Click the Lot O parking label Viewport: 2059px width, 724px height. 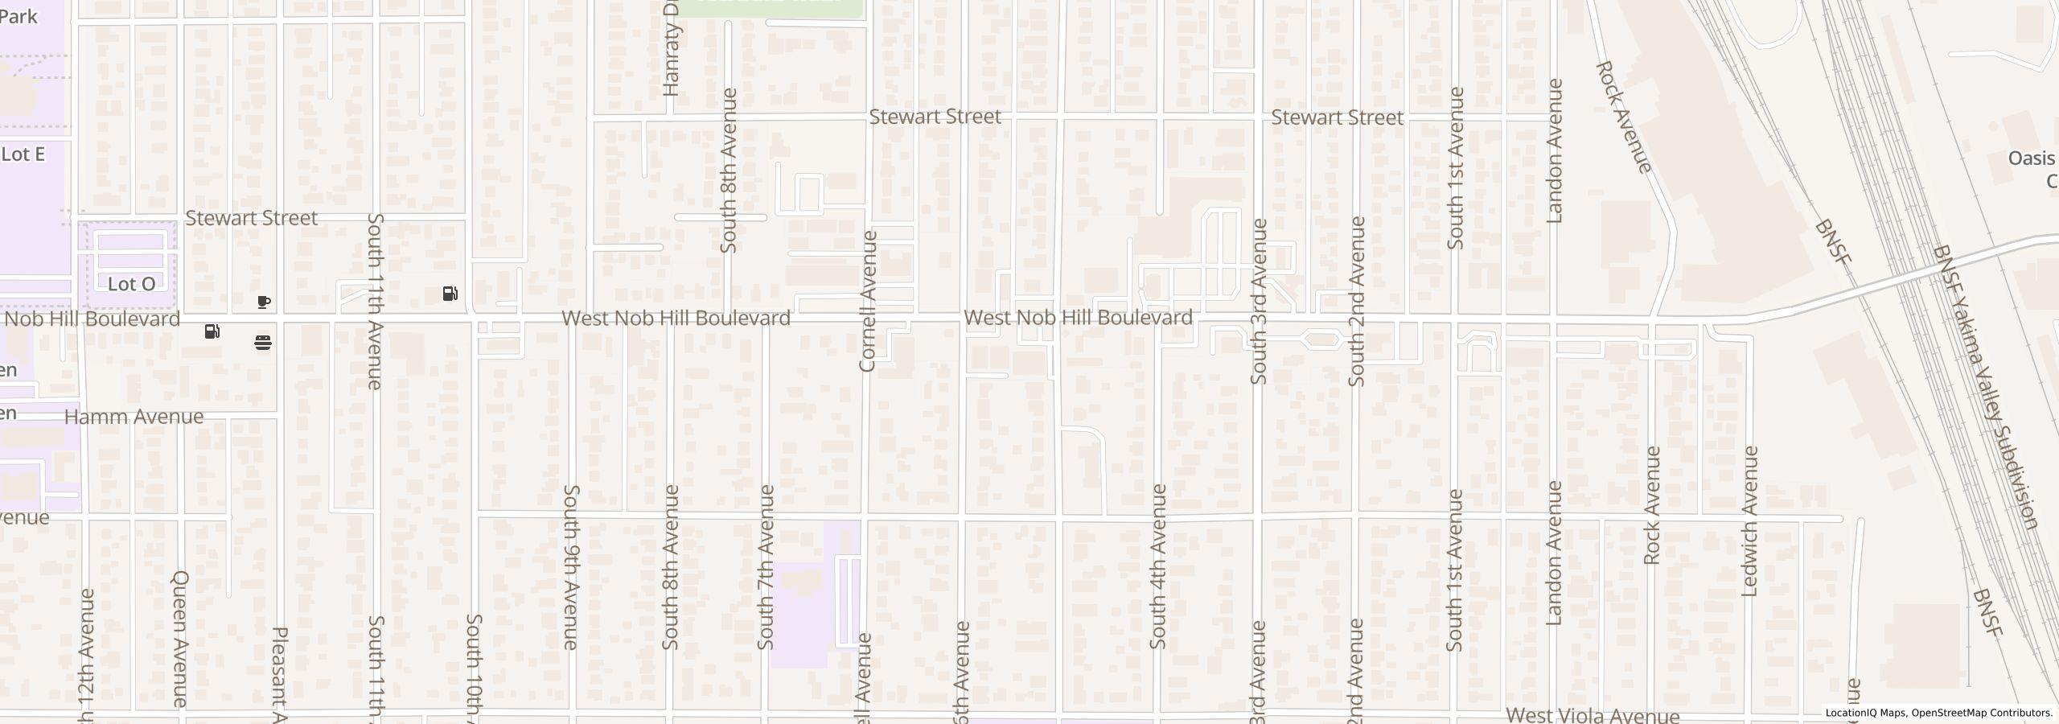click(131, 284)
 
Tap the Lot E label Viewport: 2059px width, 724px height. click(23, 154)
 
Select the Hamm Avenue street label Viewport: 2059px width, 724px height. click(134, 417)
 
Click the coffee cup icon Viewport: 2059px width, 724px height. click(263, 302)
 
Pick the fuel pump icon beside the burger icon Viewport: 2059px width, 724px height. click(212, 331)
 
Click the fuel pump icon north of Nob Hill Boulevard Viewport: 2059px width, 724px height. click(450, 294)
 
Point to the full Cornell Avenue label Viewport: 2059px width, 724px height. click(867, 301)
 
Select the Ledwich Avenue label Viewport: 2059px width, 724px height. click(1749, 521)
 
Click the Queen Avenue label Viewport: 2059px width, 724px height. click(180, 639)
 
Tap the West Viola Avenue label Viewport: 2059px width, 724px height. click(1592, 715)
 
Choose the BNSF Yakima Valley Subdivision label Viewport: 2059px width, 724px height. click(1984, 387)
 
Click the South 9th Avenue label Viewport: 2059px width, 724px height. click(571, 566)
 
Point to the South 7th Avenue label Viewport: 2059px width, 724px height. click(766, 566)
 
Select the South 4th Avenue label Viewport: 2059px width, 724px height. click(1157, 566)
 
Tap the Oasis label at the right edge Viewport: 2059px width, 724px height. click(2031, 158)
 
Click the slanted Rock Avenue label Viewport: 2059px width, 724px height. click(1623, 117)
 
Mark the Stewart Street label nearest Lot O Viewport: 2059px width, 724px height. click(251, 218)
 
